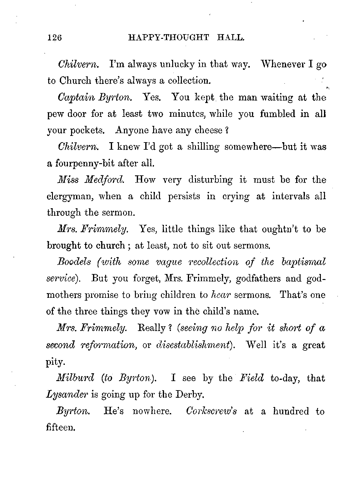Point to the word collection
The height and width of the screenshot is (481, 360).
[x=188, y=81]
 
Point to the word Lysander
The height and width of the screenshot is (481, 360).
[x=67, y=395]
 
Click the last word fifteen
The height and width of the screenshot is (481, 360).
[x=61, y=427]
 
